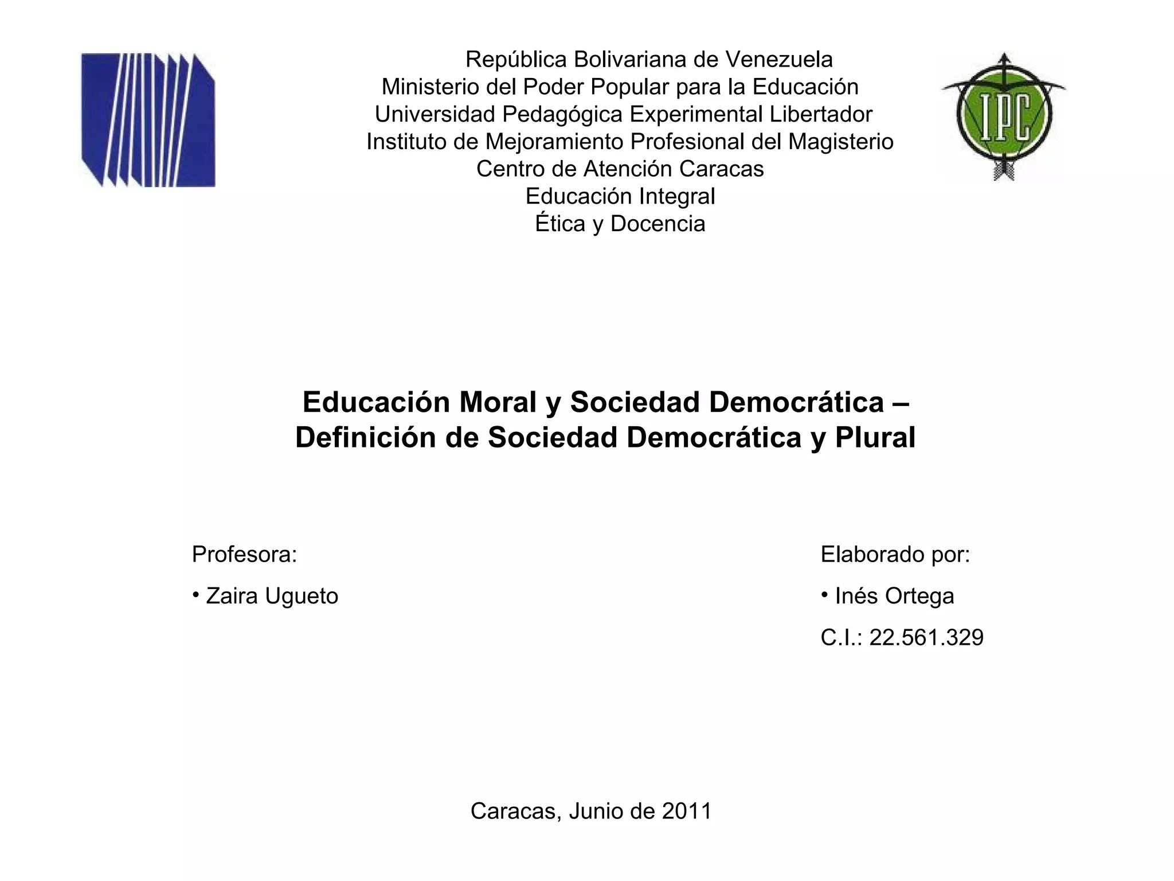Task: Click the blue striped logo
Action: [x=148, y=120]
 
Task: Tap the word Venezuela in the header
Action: [x=779, y=59]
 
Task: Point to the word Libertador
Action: [x=820, y=114]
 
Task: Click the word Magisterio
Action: [x=840, y=142]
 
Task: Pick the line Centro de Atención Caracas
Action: [x=620, y=169]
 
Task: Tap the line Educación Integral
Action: [x=620, y=196]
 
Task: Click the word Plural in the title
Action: [x=875, y=438]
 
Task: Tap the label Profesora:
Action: [x=244, y=555]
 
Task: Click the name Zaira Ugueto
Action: [x=272, y=597]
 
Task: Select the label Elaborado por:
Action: [x=895, y=555]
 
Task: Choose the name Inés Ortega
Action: [x=894, y=597]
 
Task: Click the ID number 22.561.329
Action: [x=926, y=638]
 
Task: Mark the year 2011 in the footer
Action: [x=686, y=811]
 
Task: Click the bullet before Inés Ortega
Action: [x=824, y=595]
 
